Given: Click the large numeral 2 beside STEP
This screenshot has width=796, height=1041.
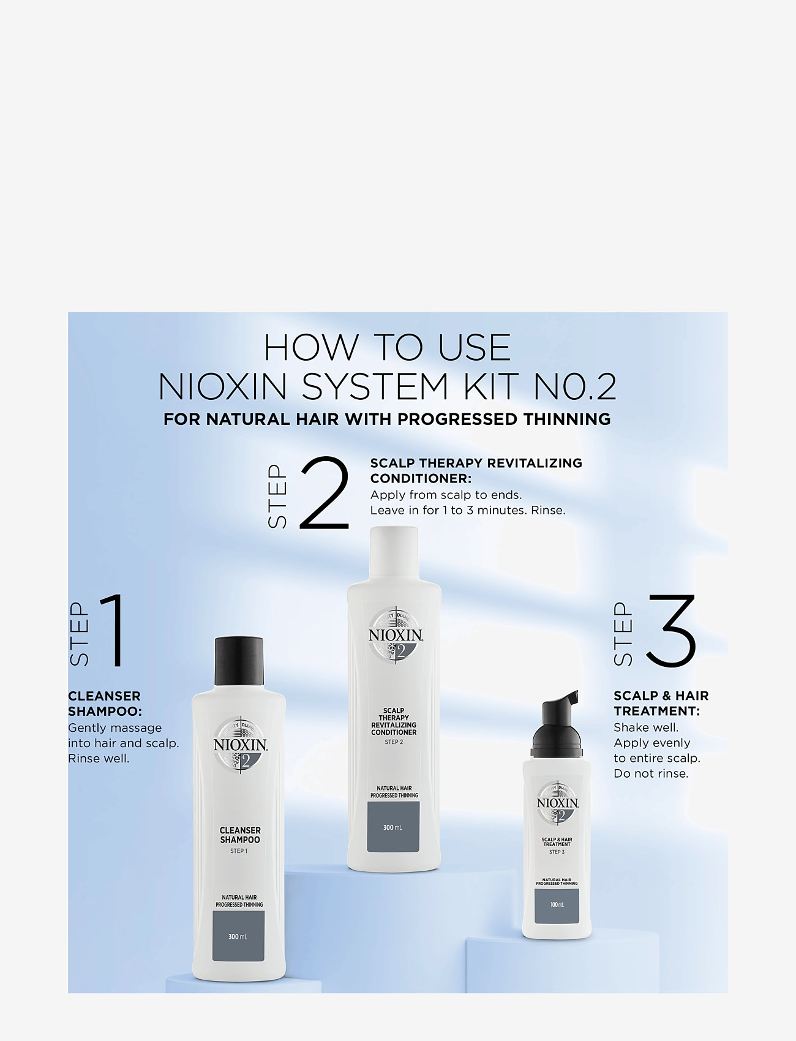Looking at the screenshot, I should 325,494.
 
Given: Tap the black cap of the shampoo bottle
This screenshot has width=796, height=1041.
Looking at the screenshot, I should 239,661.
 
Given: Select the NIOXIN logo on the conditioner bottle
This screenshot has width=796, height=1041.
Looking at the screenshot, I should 396,636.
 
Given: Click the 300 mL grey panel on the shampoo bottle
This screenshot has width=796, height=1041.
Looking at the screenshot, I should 238,935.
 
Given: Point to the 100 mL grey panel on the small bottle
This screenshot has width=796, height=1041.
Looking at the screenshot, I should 557,905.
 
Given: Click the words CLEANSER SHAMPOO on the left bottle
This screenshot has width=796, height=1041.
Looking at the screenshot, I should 240,835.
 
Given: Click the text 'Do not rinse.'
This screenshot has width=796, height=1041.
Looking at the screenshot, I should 651,773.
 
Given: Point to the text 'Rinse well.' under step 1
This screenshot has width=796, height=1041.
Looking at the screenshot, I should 99,759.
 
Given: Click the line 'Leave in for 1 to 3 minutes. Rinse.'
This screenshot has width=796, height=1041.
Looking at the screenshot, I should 468,510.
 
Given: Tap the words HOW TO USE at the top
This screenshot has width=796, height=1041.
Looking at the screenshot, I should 387,348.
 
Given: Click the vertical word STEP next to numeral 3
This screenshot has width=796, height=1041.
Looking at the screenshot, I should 623,634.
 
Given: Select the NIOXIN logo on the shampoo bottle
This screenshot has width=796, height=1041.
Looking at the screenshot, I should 240,745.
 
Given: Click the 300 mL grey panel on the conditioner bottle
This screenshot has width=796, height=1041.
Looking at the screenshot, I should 393,827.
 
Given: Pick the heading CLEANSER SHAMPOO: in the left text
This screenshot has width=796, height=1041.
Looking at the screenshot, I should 105,704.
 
